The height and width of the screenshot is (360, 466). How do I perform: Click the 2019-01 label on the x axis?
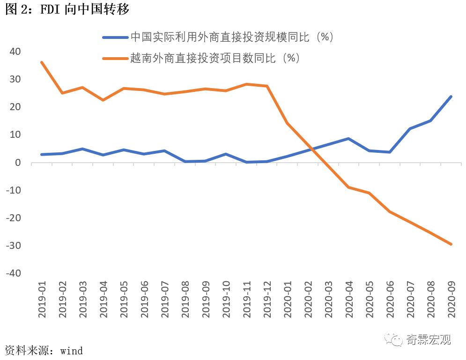pos(42,300)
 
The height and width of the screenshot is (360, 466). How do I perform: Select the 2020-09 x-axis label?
pos(451,300)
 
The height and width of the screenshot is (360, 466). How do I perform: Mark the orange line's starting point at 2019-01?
pos(42,62)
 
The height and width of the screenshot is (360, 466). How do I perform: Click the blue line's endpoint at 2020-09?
pos(451,97)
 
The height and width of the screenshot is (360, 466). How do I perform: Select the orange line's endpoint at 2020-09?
pos(451,244)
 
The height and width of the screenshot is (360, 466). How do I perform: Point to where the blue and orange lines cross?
pos(312,149)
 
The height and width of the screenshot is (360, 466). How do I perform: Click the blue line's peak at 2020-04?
pos(348,139)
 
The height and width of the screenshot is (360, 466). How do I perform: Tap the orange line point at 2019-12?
pos(267,86)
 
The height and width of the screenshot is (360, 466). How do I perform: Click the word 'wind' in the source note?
pos(71,350)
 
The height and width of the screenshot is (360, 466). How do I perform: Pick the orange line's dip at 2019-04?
pos(103,100)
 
